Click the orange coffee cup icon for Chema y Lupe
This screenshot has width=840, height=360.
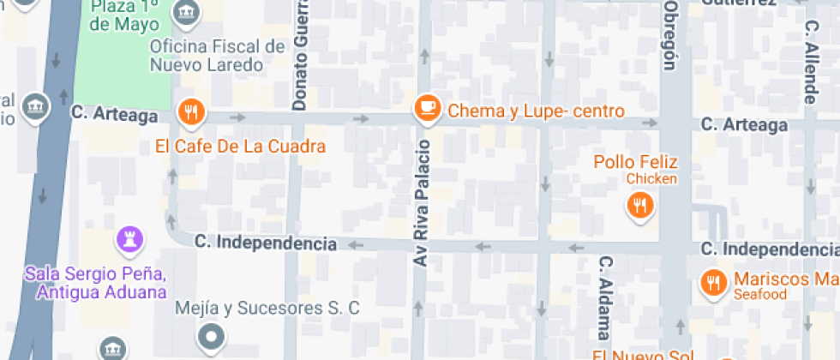point(426,108)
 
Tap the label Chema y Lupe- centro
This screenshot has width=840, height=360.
point(537,111)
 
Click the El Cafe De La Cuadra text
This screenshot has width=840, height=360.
point(241,147)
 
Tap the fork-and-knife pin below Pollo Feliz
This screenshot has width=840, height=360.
point(639,205)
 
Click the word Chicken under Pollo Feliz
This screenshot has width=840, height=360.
point(651,178)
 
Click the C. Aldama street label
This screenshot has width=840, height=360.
point(604,297)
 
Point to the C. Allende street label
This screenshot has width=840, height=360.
point(810,62)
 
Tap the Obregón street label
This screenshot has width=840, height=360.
point(671,34)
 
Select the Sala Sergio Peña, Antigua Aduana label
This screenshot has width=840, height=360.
point(95,283)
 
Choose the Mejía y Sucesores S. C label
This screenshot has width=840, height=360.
point(267,308)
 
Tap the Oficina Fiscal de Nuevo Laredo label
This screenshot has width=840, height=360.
point(217,56)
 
